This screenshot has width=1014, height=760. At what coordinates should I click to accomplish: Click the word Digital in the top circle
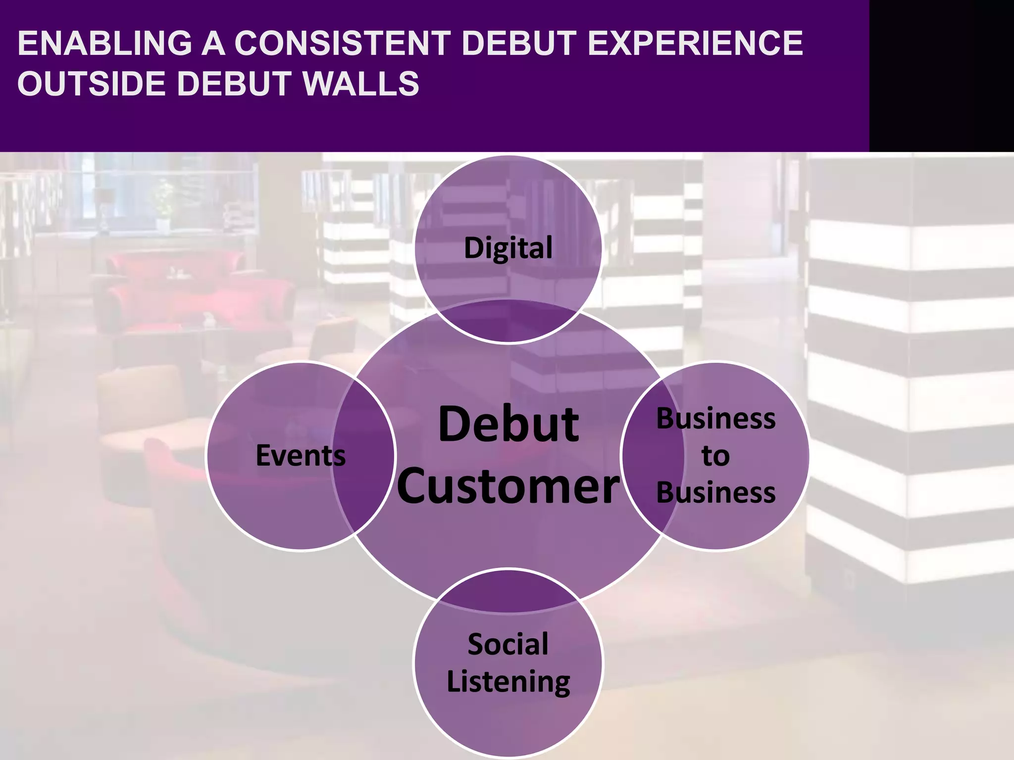click(x=508, y=248)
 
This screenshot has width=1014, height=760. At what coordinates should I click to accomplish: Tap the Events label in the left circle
click(x=301, y=456)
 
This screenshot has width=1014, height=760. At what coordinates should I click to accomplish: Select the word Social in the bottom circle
click(x=508, y=644)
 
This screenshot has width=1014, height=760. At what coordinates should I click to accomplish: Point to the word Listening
click(x=508, y=682)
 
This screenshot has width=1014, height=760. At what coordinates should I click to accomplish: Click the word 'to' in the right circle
click(x=715, y=456)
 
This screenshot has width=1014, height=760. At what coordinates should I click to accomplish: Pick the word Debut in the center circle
click(x=508, y=425)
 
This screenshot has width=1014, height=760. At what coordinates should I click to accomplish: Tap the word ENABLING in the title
click(x=104, y=44)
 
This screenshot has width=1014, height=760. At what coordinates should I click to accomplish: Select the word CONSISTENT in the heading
click(x=342, y=44)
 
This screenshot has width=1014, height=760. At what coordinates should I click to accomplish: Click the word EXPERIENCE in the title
click(x=695, y=44)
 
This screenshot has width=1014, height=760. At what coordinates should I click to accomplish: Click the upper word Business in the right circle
click(x=715, y=419)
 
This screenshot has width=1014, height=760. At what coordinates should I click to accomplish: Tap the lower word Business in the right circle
click(x=715, y=493)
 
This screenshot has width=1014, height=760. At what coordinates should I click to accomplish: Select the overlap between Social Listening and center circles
click(x=508, y=592)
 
